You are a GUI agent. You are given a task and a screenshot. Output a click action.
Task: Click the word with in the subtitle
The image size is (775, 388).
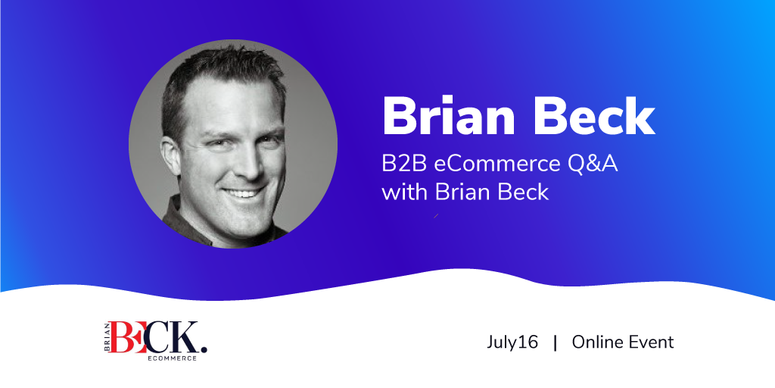click(405, 192)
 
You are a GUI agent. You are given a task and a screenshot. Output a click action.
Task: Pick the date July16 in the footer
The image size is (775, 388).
click(512, 343)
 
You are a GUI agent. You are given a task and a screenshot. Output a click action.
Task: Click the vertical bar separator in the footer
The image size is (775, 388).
click(555, 343)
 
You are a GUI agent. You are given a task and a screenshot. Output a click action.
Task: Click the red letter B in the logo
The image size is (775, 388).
click(122, 337)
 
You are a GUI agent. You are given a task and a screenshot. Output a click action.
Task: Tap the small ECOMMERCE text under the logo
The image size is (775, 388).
click(172, 358)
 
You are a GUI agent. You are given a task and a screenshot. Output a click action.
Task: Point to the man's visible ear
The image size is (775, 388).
click(170, 156)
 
